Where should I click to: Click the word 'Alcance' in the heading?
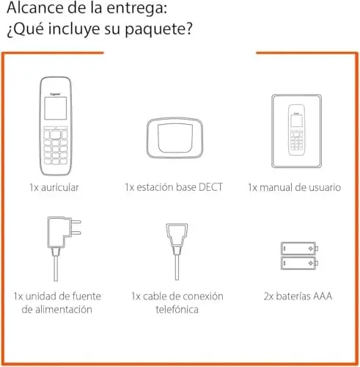pyautogui.click(x=29, y=10)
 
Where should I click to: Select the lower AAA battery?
pyautogui.click(x=299, y=263)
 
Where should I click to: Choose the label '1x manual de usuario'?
pyautogui.click(x=294, y=188)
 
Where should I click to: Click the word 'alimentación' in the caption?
pyautogui.click(x=56, y=310)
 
